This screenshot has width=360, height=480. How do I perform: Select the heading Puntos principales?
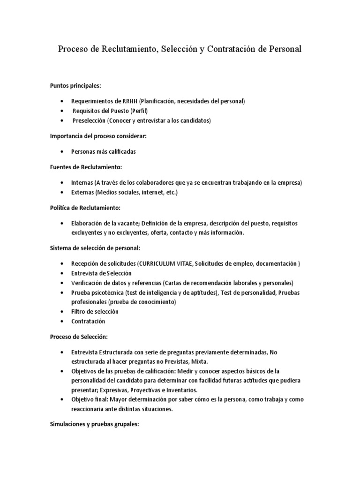pos(75,85)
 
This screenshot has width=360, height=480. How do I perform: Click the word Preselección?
pos(89,121)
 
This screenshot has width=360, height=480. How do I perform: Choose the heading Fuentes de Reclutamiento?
pos(86,167)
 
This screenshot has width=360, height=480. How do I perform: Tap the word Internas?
pos(82,182)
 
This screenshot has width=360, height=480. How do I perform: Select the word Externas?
pos(82,192)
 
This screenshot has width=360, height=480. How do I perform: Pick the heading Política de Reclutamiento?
pos(85,208)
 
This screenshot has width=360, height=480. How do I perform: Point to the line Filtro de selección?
pos(95,312)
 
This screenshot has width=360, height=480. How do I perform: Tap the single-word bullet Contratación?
pos(88,322)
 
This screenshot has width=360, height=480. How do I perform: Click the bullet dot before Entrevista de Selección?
pos(62,273)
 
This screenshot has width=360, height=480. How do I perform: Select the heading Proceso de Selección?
pos(79,337)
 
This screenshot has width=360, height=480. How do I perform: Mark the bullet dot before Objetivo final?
pos(62,399)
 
